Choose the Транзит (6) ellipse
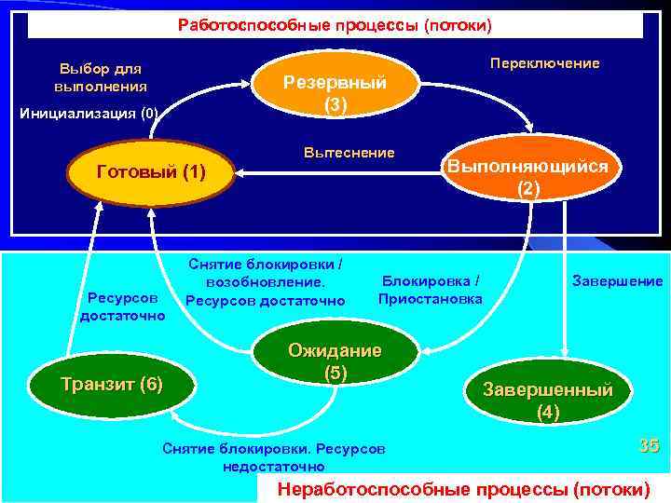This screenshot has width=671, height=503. [112, 384]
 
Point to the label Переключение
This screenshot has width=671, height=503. [545, 63]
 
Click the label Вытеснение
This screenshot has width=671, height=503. [349, 152]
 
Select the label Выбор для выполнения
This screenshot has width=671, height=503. [101, 77]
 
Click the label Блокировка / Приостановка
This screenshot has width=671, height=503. [431, 290]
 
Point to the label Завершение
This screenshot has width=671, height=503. [618, 280]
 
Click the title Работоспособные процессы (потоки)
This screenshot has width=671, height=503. [335, 24]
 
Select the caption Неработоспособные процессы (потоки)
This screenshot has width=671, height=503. [463, 489]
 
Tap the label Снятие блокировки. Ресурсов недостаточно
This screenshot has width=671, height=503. [273, 456]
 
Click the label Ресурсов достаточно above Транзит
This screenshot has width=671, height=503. [122, 306]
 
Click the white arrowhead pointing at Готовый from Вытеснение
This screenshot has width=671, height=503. [240, 172]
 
